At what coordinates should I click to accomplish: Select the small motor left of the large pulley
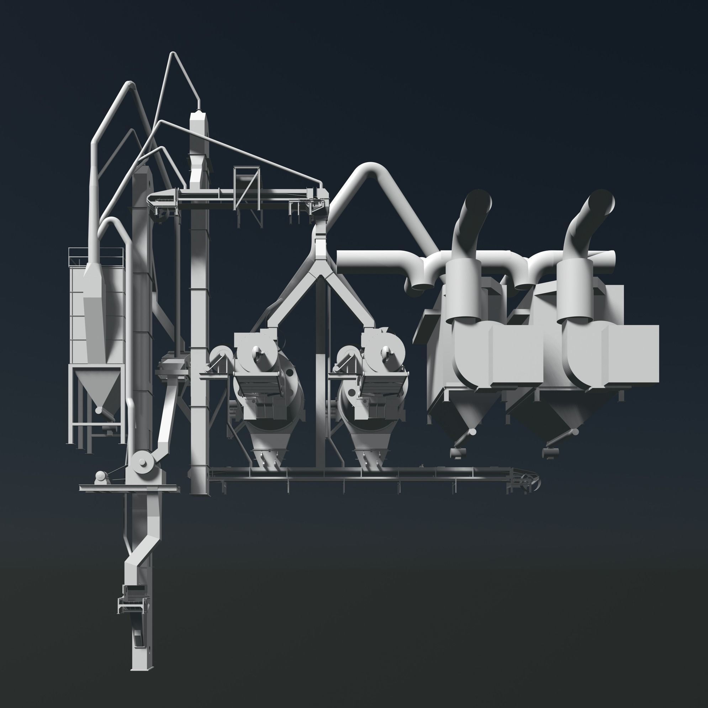pyautogui.click(x=101, y=476)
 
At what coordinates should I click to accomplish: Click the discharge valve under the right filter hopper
pyautogui.click(x=549, y=453)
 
